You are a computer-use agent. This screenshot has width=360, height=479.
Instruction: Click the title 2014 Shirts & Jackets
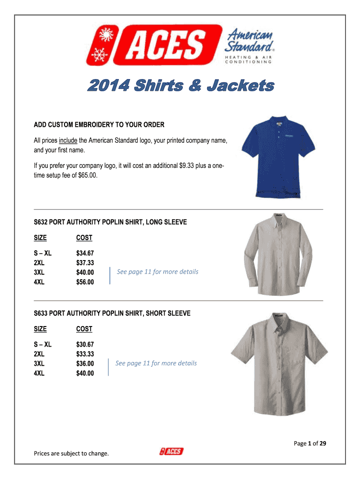[180, 87]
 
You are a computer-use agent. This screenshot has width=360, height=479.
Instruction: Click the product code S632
[41, 222]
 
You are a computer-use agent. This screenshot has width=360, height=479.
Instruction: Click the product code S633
[41, 313]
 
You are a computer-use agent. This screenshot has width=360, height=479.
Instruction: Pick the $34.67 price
[85, 254]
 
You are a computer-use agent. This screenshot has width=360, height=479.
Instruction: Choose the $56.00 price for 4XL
[85, 282]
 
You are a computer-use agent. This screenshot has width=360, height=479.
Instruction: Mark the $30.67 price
[85, 345]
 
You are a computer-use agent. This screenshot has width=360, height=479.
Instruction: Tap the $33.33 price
[85, 354]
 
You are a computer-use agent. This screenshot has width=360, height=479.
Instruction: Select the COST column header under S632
[84, 238]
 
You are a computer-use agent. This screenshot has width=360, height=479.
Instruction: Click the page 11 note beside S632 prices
[158, 272]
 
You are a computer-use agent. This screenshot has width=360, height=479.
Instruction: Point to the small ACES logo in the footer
[171, 451]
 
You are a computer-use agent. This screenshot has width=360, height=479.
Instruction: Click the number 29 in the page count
[322, 443]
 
